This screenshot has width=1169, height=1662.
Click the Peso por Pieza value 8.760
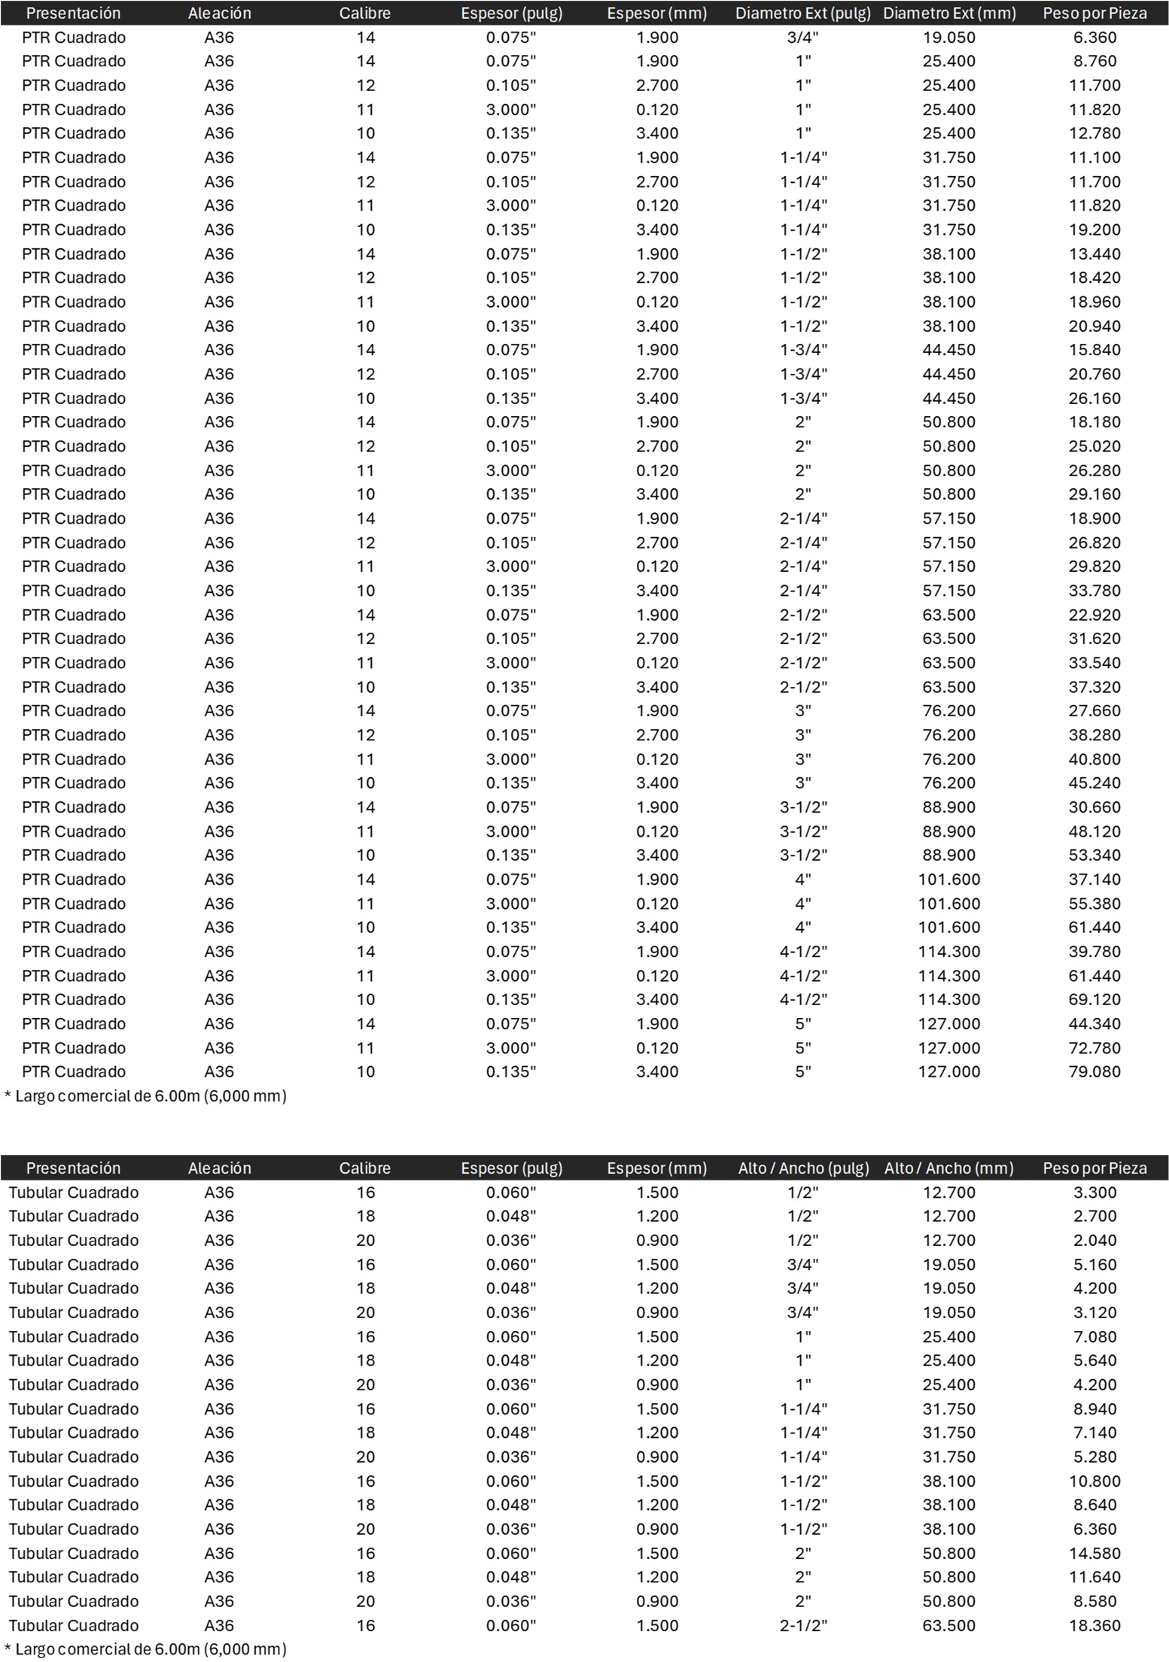[1094, 61]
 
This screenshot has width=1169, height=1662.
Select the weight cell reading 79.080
[1094, 1071]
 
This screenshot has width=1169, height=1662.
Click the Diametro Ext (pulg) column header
[802, 13]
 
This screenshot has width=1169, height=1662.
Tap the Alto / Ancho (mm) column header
[948, 1168]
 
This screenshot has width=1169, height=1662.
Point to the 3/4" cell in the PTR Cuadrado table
[802, 37]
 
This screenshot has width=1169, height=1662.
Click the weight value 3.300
[1094, 1192]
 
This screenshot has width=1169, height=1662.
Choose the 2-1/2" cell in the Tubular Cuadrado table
[802, 1625]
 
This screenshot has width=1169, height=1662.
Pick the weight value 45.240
[1094, 782]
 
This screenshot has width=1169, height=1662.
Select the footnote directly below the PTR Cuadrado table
[146, 1095]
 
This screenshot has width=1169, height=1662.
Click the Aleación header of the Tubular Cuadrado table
[219, 1168]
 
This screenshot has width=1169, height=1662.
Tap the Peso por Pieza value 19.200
[1094, 229]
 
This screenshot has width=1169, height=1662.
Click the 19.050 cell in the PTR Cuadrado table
[948, 37]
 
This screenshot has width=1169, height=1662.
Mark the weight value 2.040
[1094, 1240]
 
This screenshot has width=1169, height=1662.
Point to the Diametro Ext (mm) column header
[948, 13]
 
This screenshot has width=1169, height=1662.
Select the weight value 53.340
[1094, 855]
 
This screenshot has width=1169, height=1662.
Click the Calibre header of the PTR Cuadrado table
[365, 13]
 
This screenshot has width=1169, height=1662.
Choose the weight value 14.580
[1094, 1553]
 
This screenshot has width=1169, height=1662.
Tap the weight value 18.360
[1094, 1625]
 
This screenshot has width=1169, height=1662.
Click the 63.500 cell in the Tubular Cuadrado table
[948, 1625]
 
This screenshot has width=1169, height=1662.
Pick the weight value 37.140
[1094, 879]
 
